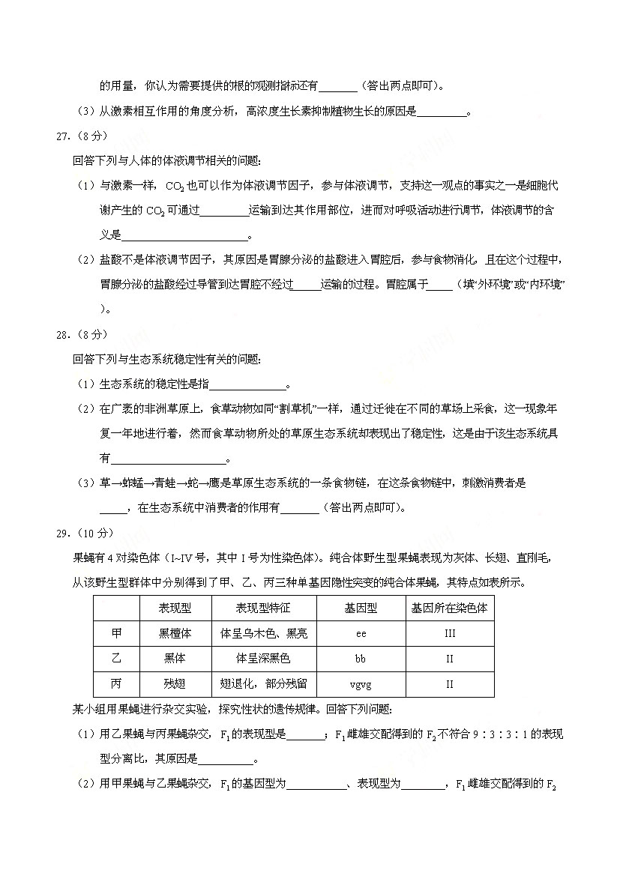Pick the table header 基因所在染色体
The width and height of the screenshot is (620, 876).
point(450,608)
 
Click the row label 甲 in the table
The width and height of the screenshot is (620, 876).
point(116,633)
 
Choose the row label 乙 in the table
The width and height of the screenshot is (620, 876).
point(116,659)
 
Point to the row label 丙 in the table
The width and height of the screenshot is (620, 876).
point(116,684)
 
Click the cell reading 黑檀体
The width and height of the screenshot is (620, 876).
point(175,633)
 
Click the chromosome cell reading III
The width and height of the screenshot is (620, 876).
point(450,634)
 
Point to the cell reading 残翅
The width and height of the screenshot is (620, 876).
point(175,684)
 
